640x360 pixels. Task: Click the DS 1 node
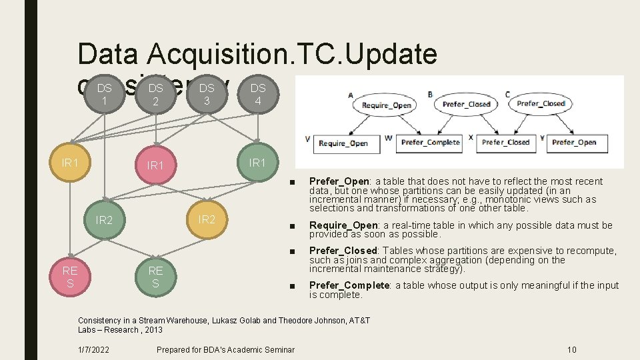104,94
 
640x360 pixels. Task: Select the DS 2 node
155,94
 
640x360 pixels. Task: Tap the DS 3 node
207,94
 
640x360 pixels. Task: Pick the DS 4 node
258,94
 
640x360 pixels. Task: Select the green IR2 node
104,219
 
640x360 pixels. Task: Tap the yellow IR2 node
207,219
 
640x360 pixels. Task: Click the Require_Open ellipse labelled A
387,105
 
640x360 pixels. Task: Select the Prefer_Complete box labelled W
430,142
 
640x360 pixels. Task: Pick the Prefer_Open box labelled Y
574,142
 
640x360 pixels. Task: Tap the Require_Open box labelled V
343,143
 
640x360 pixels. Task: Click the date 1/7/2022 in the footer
93,349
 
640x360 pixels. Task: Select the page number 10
571,349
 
